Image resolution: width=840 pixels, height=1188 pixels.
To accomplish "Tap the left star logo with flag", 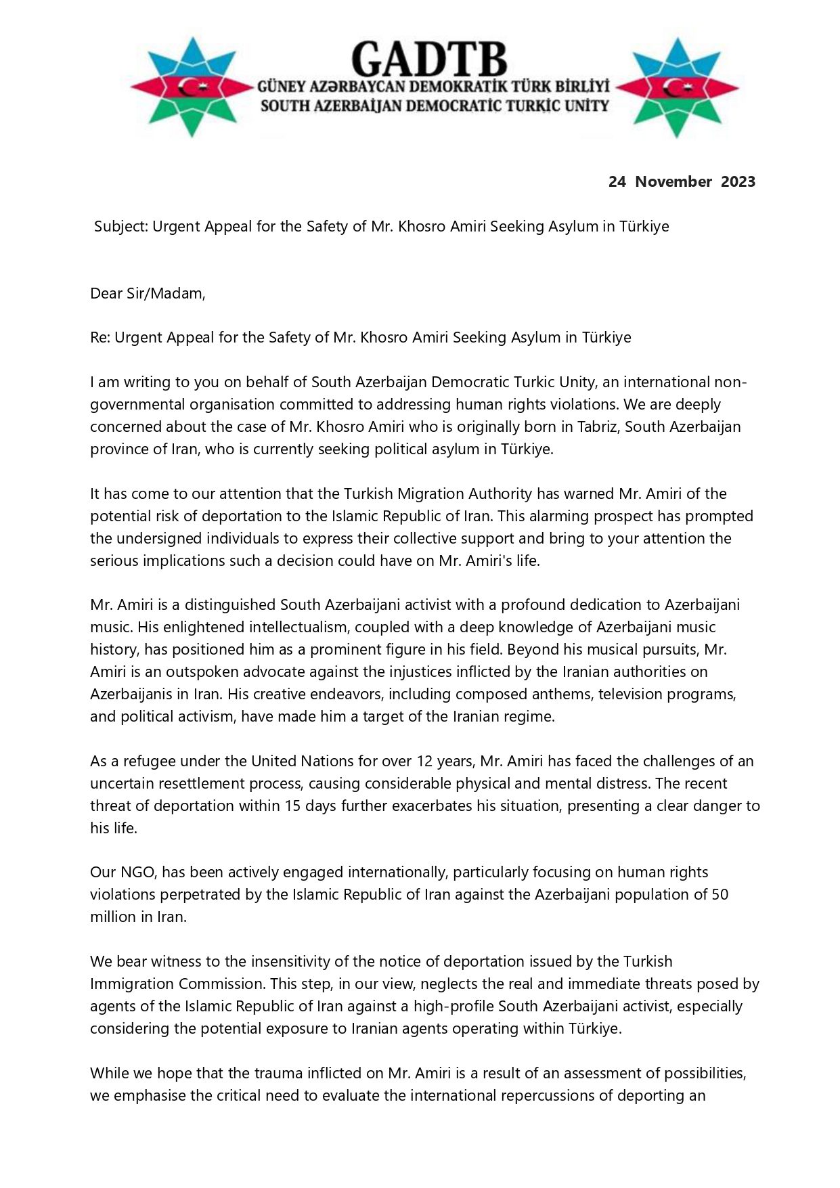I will click(x=191, y=87).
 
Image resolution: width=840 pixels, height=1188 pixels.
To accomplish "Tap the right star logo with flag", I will click(x=677, y=87).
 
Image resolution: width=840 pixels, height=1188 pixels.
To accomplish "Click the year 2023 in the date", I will click(x=738, y=181).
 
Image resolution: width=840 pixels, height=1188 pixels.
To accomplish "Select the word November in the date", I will click(x=673, y=181).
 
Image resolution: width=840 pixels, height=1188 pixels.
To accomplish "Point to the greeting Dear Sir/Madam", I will click(x=148, y=293).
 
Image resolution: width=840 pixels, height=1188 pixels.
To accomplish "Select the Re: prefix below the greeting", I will click(x=100, y=337).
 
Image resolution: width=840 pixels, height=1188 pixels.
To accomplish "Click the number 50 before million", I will click(x=720, y=894).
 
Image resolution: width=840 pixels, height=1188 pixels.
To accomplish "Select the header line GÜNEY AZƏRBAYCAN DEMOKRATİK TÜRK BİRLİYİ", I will click(x=433, y=87).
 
